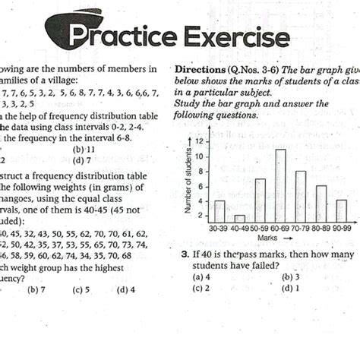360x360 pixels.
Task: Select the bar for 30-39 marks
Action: click(219, 212)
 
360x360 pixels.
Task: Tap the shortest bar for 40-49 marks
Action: click(240, 219)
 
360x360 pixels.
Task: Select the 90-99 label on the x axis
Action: click(341, 228)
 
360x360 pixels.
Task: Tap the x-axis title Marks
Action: click(267, 238)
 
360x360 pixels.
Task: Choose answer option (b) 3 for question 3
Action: click(290, 277)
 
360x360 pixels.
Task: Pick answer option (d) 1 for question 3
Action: click(290, 288)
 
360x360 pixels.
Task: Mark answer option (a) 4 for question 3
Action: click(201, 277)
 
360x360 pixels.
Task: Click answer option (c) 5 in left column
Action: click(81, 289)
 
